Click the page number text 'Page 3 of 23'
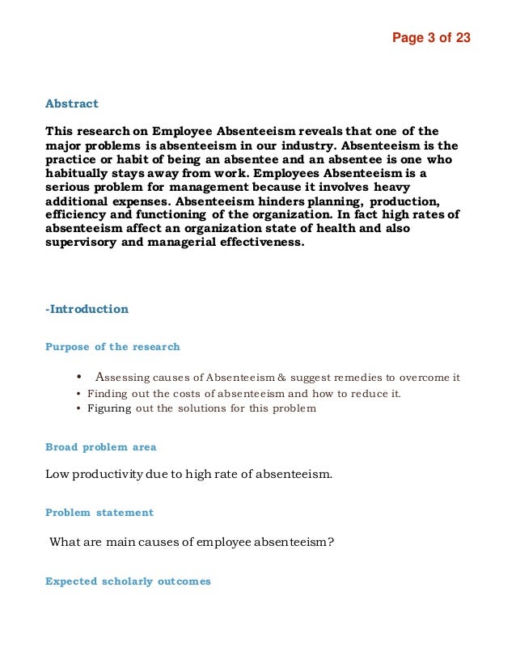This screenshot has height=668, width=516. [x=431, y=38]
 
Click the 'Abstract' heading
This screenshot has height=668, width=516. [x=72, y=104]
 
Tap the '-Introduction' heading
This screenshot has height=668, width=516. [x=87, y=309]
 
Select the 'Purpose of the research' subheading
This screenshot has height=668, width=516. [x=112, y=347]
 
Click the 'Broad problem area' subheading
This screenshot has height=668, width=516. [x=101, y=446]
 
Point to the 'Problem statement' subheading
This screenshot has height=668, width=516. [x=99, y=512]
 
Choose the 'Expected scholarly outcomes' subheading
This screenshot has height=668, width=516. [x=128, y=581]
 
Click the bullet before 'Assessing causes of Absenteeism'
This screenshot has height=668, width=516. [x=79, y=377]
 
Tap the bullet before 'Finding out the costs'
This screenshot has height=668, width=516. [x=78, y=394]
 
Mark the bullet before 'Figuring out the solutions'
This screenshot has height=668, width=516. [x=78, y=408]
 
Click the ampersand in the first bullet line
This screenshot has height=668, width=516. [x=281, y=378]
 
